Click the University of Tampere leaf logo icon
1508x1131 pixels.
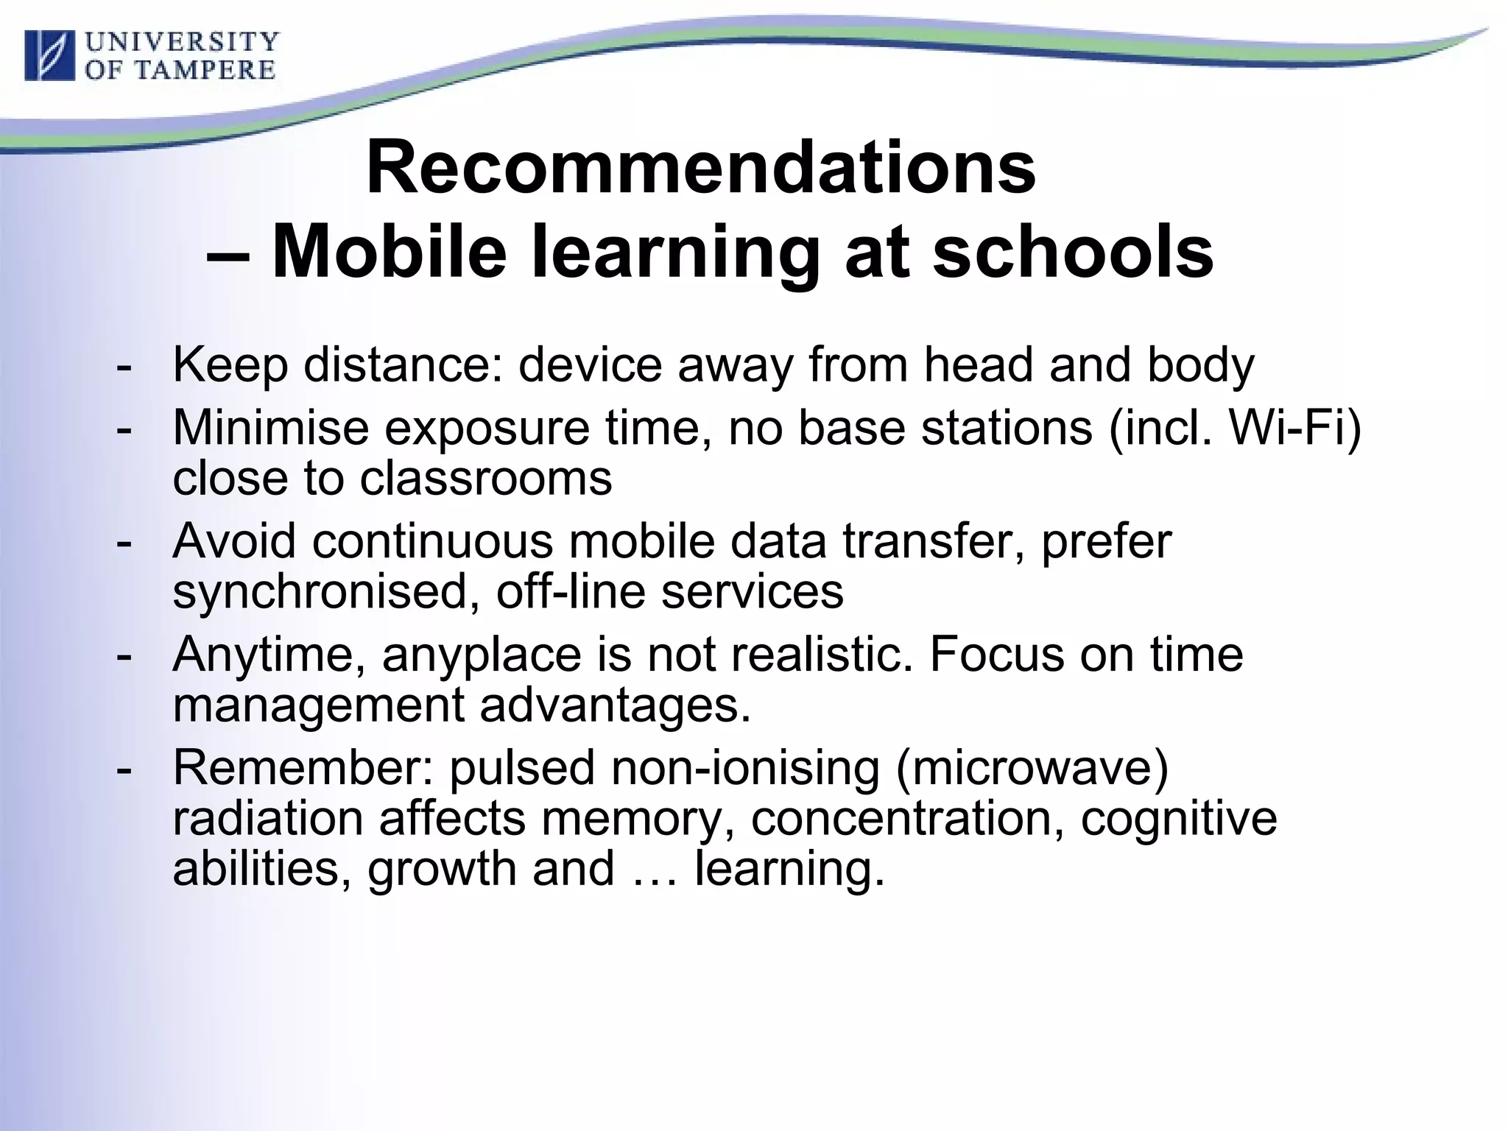(49, 55)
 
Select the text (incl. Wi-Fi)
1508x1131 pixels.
(1235, 428)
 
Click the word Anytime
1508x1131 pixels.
(269, 654)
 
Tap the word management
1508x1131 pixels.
(318, 705)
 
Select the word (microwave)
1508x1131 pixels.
(1032, 768)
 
